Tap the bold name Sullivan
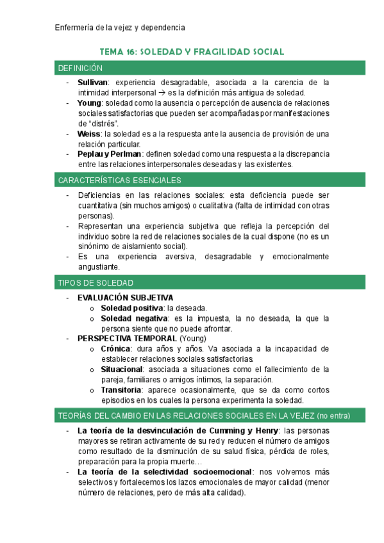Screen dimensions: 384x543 tap(93, 83)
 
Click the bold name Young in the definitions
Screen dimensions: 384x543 tap(89, 103)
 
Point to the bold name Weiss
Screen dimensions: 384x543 tap(89, 134)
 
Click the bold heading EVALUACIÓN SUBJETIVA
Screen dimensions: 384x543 tap(125, 298)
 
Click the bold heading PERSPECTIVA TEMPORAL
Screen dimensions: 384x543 tap(127, 339)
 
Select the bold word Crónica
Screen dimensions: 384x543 tap(116, 349)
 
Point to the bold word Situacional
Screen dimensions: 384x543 tap(122, 369)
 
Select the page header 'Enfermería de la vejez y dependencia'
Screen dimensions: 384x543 tap(121, 28)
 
